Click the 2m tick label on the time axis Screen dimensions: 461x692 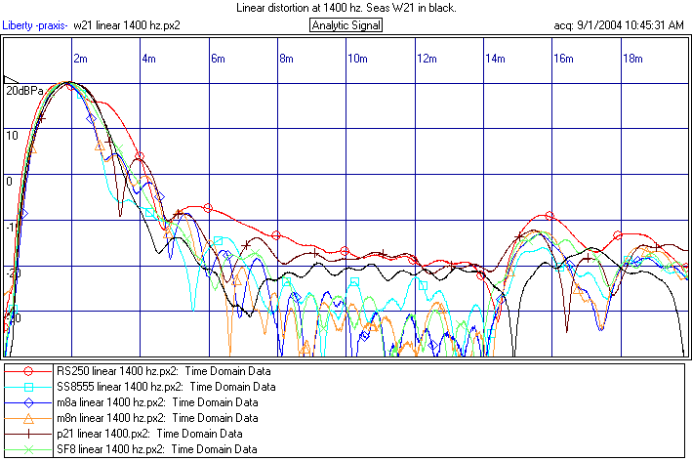81,59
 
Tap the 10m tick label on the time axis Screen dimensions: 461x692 357,59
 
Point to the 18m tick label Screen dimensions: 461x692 633,59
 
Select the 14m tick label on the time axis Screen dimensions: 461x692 496,59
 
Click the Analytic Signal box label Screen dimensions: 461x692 346,24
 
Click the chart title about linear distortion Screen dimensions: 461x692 346,8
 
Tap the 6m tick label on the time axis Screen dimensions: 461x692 219,59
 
